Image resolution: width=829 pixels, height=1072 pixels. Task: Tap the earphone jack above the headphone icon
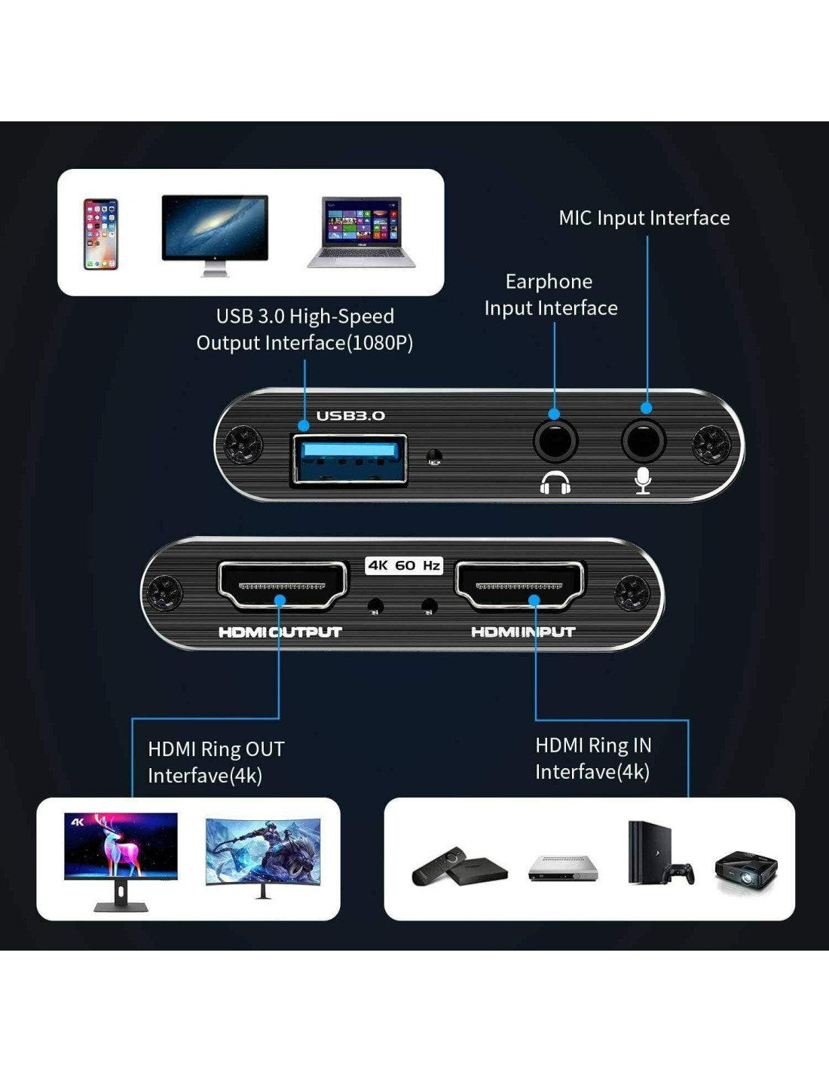click(x=555, y=442)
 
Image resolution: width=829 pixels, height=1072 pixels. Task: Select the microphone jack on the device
click(x=643, y=442)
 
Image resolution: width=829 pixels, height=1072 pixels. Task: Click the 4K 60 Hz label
click(x=404, y=565)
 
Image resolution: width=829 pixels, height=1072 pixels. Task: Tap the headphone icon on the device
click(x=555, y=482)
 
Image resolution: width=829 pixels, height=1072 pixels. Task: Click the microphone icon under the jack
click(x=643, y=480)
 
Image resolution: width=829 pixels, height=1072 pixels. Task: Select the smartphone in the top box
click(x=101, y=234)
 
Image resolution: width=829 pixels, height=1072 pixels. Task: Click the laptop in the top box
click(x=361, y=232)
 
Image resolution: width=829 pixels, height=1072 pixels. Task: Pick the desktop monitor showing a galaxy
click(x=215, y=234)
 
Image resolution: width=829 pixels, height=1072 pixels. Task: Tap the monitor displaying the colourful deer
click(x=121, y=859)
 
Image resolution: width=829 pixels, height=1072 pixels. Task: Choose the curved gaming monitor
click(x=263, y=856)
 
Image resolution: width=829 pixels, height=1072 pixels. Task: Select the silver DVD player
click(x=563, y=868)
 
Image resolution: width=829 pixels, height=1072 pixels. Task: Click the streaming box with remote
click(x=460, y=867)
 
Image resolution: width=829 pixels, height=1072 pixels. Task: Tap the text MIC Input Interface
click(x=644, y=218)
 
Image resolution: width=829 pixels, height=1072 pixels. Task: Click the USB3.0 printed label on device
click(x=350, y=415)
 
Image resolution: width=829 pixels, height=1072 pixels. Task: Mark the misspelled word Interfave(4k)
click(x=205, y=776)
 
